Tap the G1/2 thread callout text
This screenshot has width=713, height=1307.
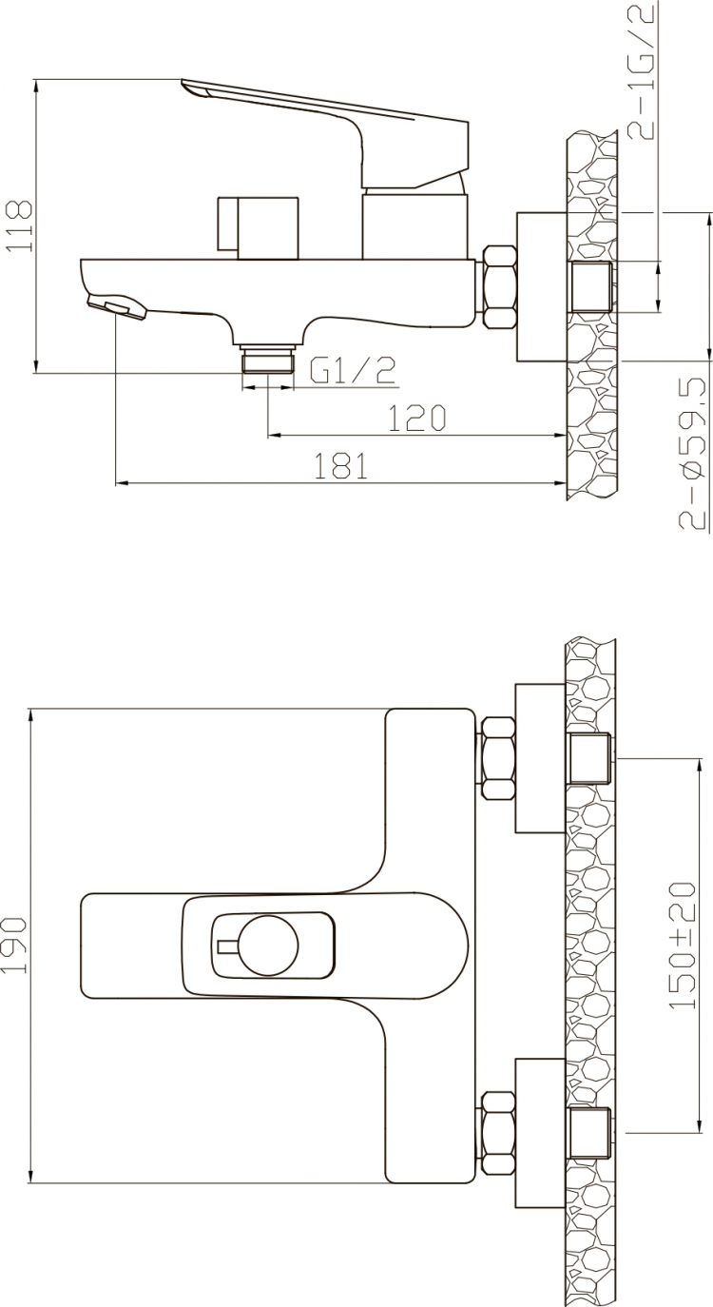[353, 370]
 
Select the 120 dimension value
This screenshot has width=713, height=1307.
[416, 418]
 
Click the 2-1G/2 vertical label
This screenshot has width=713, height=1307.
[642, 70]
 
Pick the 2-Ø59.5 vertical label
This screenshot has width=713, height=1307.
[694, 453]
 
